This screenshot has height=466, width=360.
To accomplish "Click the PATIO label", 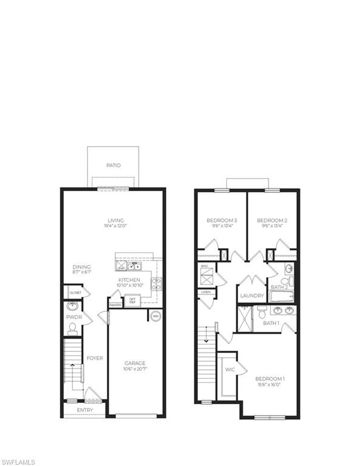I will (x=113, y=165).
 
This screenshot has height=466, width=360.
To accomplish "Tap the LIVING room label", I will (x=115, y=220).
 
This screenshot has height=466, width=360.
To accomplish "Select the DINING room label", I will (x=81, y=267).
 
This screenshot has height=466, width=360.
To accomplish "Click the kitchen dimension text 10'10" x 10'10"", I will (x=129, y=286).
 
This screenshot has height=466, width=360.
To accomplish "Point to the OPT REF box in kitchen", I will (x=132, y=300).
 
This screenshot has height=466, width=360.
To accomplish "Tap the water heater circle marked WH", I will (x=155, y=316).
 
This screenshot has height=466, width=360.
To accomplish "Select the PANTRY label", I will (x=115, y=305).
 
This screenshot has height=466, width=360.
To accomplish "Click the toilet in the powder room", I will (x=72, y=328).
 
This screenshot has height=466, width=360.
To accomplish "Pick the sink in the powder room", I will (x=72, y=306).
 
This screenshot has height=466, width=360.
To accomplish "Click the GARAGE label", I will (x=135, y=363).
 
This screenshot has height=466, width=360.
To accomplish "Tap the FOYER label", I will (x=94, y=358).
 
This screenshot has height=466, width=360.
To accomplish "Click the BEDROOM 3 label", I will (x=222, y=220).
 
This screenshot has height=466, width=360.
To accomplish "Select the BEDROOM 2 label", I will (x=271, y=220).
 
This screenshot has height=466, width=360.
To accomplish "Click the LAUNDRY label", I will (x=252, y=296).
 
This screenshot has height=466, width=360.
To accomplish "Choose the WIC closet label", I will (x=229, y=369).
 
